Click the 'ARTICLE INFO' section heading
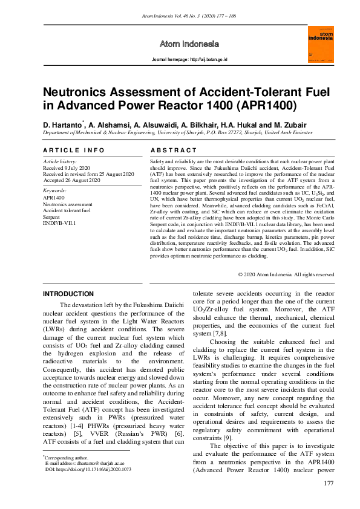coord(70,150)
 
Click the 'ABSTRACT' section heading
coord(173,150)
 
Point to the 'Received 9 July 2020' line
coord(67,167)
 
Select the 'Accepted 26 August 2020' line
coord(71,180)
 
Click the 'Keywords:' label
coord(54,190)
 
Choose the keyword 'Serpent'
coord(52,216)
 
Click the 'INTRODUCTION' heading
coord(68,294)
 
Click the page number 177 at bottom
coord(329,482)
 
